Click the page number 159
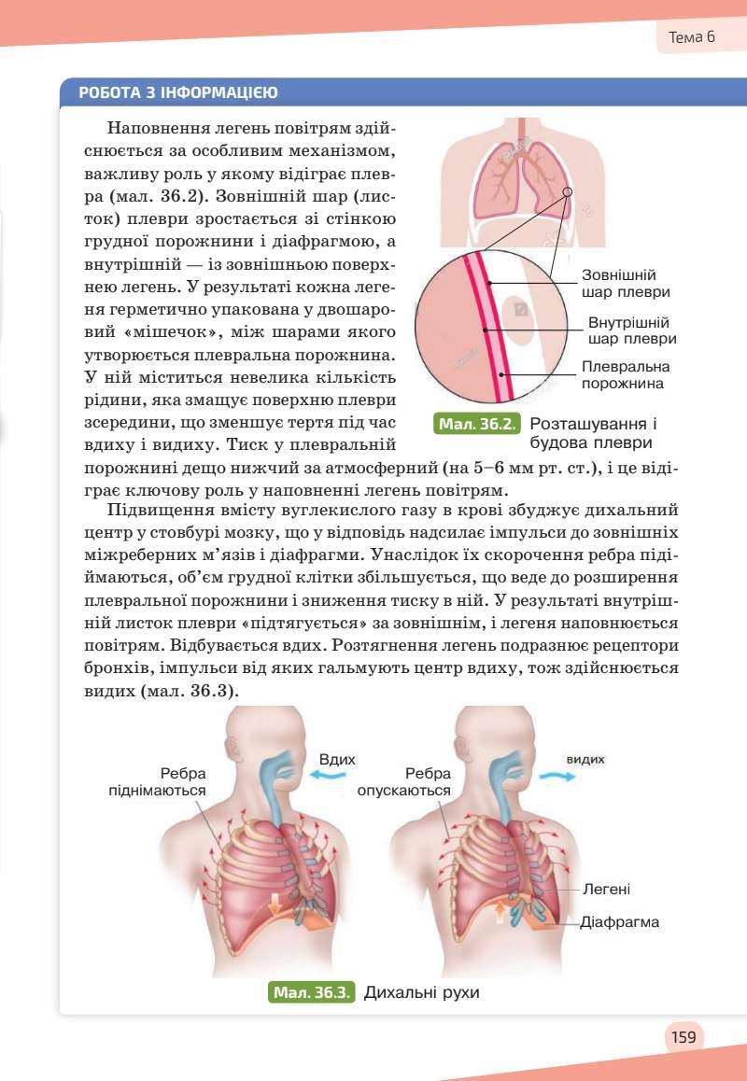click(684, 1036)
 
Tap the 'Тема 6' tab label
click(692, 38)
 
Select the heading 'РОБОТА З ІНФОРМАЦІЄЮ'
click(177, 92)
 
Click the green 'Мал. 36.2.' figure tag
click(477, 425)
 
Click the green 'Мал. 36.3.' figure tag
click(312, 991)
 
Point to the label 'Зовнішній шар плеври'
click(619, 284)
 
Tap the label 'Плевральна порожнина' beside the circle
click(626, 374)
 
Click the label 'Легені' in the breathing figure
click(606, 890)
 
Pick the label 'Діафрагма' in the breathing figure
click(619, 922)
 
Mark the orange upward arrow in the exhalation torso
click(500, 911)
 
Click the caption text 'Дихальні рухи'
click(421, 991)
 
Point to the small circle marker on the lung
click(569, 193)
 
